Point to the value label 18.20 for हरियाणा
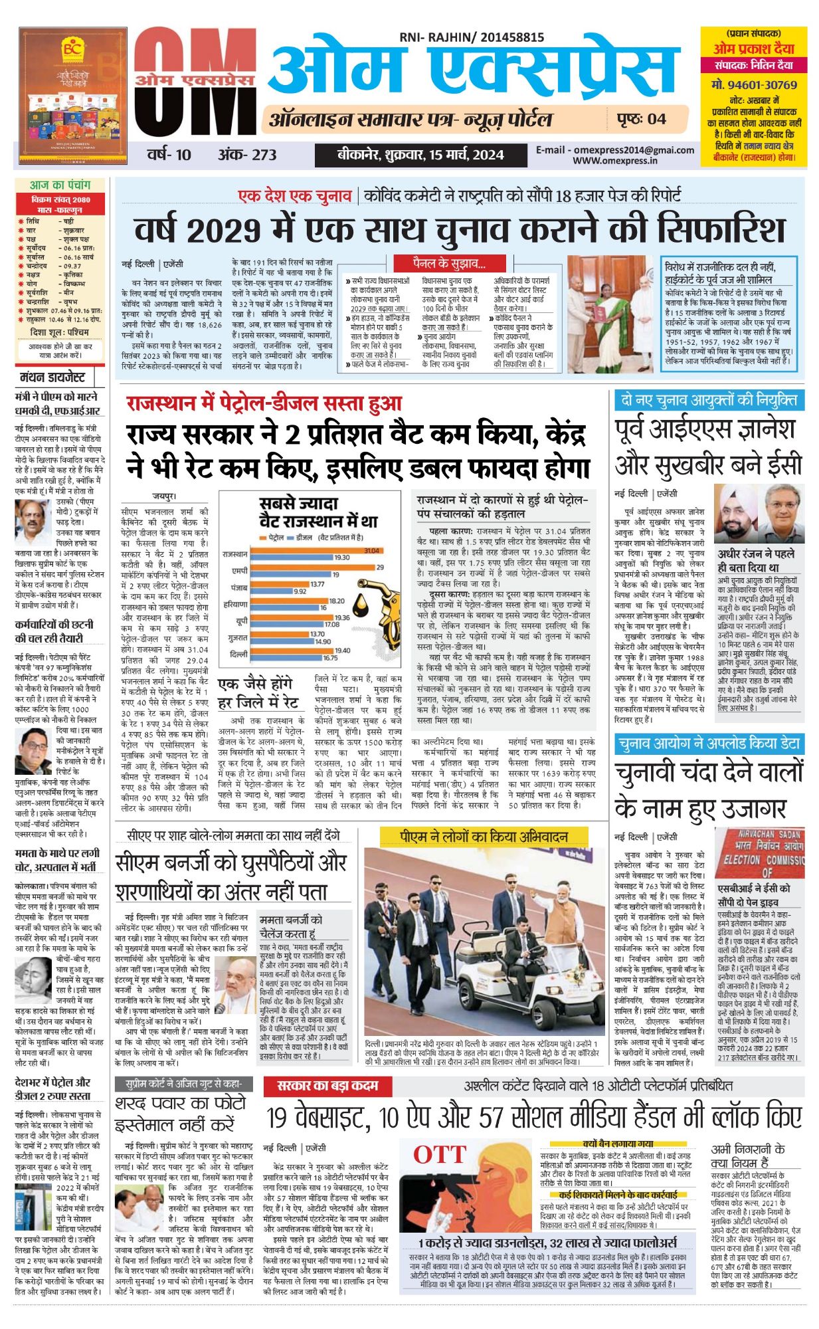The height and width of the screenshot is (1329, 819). [x=337, y=601]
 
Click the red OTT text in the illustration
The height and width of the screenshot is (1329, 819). [x=440, y=1154]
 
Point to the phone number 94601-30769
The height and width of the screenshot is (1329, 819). [x=754, y=84]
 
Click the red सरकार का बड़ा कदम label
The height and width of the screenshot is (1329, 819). [x=328, y=1086]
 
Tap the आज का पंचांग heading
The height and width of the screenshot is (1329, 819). [x=59, y=185]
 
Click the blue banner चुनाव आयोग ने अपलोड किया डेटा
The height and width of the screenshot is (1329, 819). [x=708, y=744]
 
